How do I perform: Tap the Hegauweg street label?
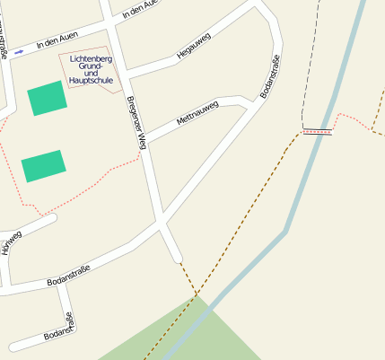point(193,45)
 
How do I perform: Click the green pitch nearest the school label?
point(47,98)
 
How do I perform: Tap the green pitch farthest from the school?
point(43,165)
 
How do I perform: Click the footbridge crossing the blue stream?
point(317,132)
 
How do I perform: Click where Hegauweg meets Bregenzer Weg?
point(127,72)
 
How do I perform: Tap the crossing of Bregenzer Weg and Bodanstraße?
point(162,221)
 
